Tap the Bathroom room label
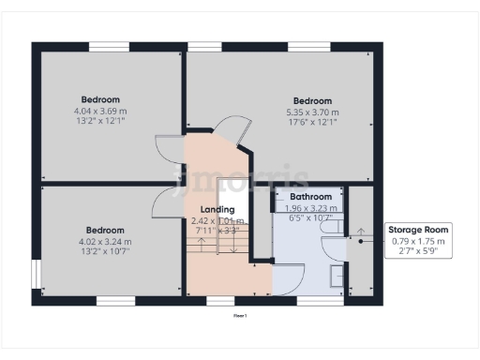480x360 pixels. pos(310,197)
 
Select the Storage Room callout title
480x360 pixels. pos(418,230)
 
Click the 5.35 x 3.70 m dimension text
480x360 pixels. pos(311,112)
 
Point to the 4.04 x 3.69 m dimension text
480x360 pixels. pos(99,111)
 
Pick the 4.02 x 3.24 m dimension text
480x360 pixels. pos(105,242)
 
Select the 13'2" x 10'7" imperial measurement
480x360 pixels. pos(105,251)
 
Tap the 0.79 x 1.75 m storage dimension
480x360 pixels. pos(418,241)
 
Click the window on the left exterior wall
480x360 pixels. pos(37,274)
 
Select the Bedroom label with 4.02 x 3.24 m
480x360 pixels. pos(105,231)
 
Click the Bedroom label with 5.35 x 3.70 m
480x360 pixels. pos(311,101)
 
